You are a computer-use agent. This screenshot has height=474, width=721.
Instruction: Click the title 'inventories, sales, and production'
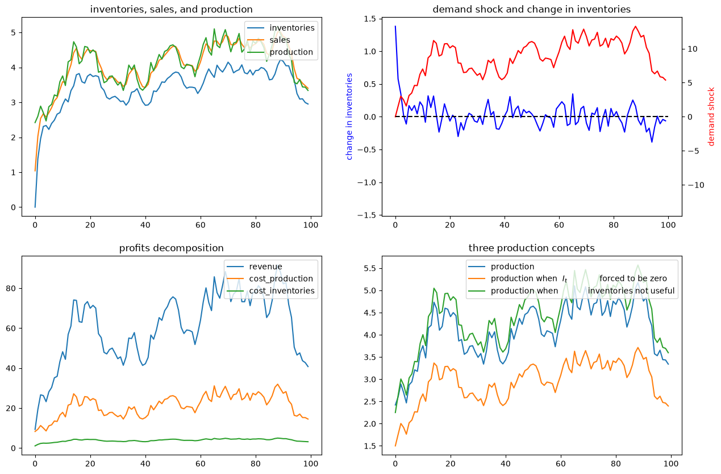[171, 9]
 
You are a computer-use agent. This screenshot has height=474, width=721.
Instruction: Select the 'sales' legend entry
[280, 40]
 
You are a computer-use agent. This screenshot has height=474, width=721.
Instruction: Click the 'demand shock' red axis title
[711, 117]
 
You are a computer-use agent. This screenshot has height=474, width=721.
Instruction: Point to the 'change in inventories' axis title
[349, 117]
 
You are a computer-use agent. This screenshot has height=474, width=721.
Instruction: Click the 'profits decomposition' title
[171, 248]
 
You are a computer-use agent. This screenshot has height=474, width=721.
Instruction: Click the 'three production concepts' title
[531, 248]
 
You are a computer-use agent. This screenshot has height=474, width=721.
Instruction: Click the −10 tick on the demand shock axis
[696, 185]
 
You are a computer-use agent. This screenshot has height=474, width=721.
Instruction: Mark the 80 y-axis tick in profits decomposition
[11, 289]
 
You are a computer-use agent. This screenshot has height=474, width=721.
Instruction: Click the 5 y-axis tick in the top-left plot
[13, 33]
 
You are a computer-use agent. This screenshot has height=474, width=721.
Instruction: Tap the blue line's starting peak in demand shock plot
[395, 26]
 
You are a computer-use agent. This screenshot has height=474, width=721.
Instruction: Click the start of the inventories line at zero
[35, 207]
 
